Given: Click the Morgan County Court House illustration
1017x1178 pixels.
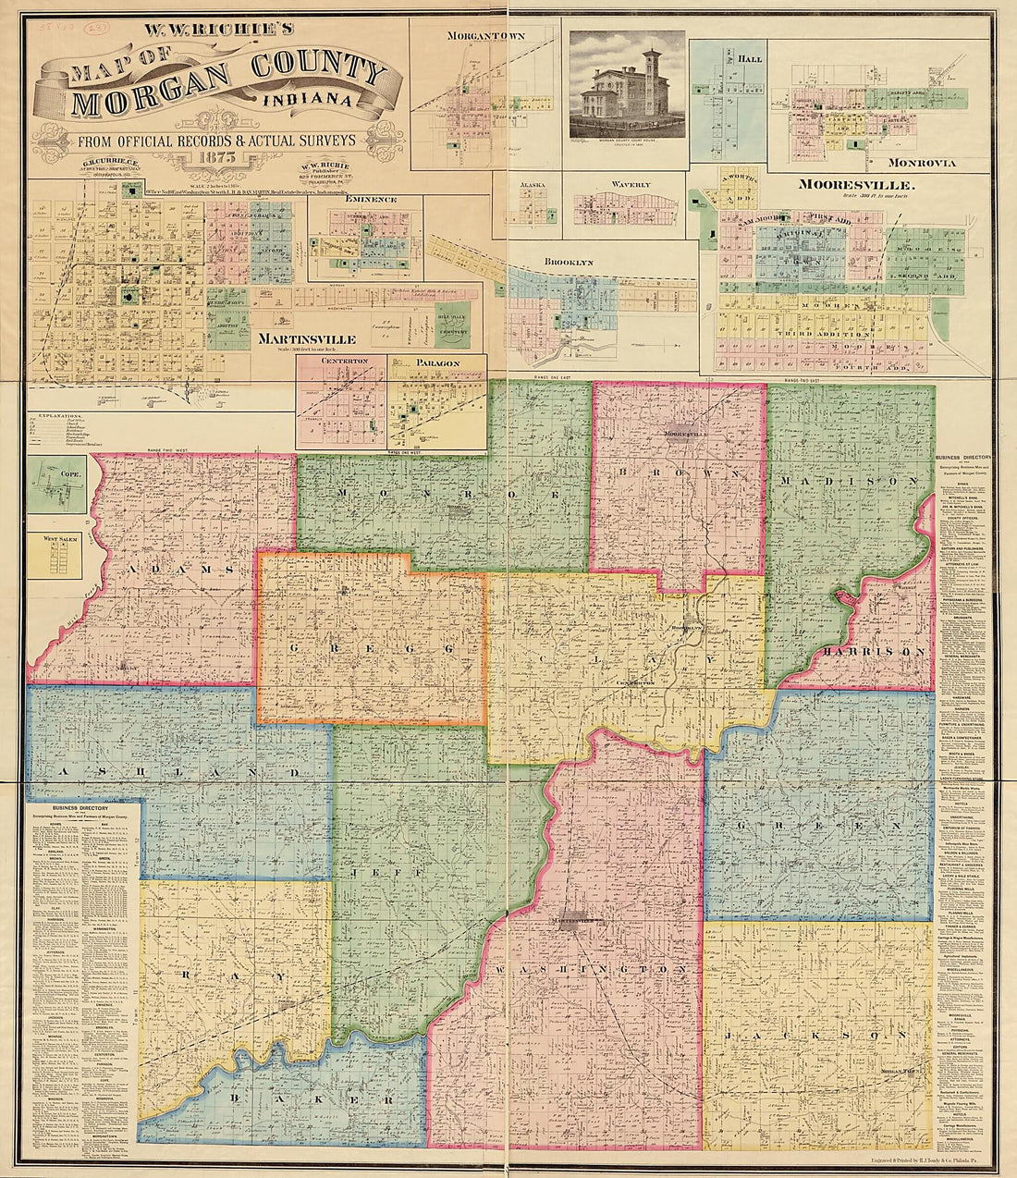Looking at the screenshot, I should click(x=627, y=86).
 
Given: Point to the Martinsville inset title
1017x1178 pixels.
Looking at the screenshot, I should click(x=309, y=339).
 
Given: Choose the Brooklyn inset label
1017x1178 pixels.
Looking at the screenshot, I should click(x=570, y=262).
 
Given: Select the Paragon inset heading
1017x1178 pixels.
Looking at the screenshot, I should click(x=437, y=363).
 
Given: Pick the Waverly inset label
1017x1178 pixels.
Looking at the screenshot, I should click(x=625, y=185).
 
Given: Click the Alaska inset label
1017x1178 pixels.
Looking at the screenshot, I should click(x=533, y=185).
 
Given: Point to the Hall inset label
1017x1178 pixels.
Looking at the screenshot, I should click(x=750, y=58).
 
